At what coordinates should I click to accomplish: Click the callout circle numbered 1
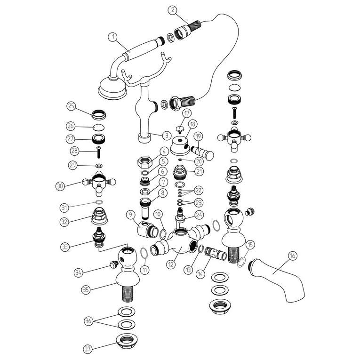tap(113, 37)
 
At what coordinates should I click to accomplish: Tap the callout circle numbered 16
tap(292, 256)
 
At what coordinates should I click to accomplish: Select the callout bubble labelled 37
tap(88, 349)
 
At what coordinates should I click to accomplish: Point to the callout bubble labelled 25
tap(72, 106)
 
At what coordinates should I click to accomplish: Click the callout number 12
tap(171, 264)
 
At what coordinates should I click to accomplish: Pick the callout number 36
tap(89, 321)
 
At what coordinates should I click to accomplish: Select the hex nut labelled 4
tap(145, 162)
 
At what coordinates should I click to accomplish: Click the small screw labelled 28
tap(99, 152)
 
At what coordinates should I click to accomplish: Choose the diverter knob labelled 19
tap(202, 152)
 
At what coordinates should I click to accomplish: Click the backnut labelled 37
tap(127, 341)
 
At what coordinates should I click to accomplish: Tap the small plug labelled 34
tap(114, 264)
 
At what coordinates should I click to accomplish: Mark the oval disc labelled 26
tap(99, 127)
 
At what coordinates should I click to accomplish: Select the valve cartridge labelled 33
tap(99, 237)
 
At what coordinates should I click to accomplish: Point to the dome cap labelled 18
tap(180, 145)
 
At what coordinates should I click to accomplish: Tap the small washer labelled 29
tap(99, 166)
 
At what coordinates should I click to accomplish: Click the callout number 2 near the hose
tap(173, 10)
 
